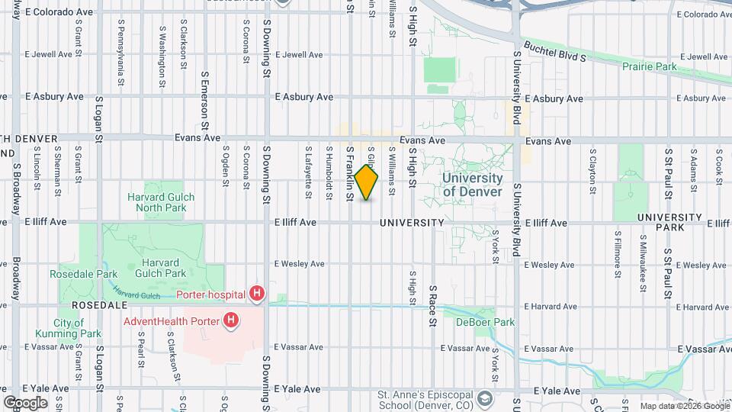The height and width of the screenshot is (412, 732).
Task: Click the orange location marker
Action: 367,182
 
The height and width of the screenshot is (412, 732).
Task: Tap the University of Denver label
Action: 473,185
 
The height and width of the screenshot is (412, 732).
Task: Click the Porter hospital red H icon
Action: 258,293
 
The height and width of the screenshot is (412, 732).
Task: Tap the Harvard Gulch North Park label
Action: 161,202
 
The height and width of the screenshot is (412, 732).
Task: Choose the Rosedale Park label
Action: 84,274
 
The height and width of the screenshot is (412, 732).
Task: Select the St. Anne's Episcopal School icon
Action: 484,399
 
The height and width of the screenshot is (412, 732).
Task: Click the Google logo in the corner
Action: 26,402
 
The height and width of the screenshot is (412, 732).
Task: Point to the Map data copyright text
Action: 683,407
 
